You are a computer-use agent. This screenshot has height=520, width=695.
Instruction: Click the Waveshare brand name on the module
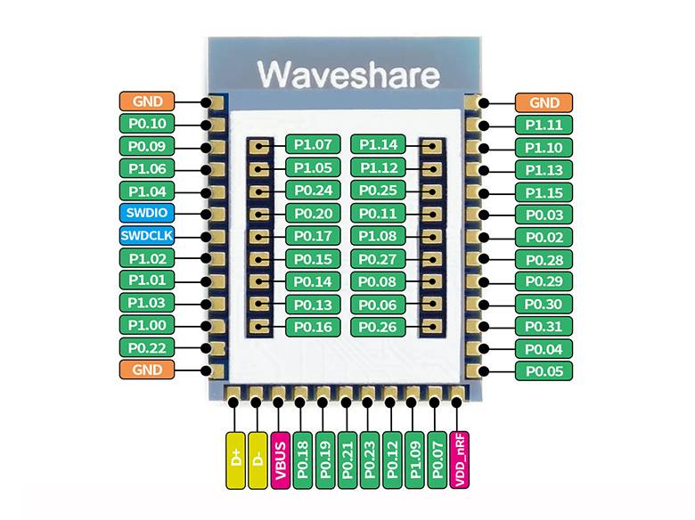[347, 71]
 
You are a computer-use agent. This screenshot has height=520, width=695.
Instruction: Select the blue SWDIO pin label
[147, 213]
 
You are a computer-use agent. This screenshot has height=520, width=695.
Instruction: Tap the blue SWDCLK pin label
[147, 236]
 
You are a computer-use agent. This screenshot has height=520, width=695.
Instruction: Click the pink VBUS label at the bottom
[280, 460]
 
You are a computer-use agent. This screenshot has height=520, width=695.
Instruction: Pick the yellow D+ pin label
[235, 460]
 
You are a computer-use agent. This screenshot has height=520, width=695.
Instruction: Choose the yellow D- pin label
[258, 460]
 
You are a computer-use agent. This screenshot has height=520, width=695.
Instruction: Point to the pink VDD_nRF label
[459, 460]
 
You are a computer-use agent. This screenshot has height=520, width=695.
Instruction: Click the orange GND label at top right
[544, 102]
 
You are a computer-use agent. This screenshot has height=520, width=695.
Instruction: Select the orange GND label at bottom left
[147, 370]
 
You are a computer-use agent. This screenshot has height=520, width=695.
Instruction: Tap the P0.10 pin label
[147, 124]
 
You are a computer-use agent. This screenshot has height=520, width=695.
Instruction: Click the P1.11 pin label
[544, 126]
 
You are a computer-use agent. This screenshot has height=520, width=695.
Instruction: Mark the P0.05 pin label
[544, 370]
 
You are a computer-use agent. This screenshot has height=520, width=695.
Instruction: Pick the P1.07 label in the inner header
[312, 144]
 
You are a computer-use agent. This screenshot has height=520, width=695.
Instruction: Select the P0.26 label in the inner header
[379, 327]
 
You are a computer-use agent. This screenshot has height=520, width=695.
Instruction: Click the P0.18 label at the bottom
[302, 460]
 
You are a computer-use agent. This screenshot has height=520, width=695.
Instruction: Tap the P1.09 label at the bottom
[413, 460]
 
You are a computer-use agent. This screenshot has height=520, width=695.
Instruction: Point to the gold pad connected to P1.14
[431, 145]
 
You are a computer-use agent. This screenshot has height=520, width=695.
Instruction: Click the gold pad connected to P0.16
[259, 328]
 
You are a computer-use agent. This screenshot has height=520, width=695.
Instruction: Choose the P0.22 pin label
[147, 347]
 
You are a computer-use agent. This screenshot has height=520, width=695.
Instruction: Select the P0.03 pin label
[544, 215]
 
